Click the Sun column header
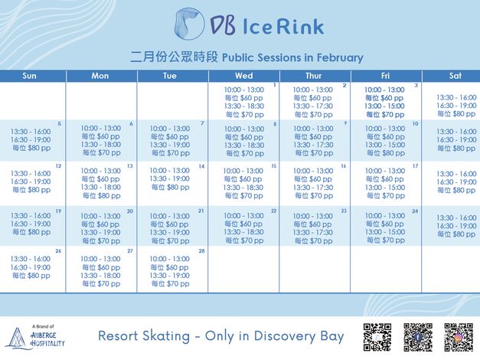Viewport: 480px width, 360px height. tap(29, 76)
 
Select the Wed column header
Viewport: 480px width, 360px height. tap(244, 76)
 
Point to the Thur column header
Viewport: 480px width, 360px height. tap(314, 76)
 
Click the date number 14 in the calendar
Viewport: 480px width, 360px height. tap(201, 166)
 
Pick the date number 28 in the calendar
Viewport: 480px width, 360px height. tap(201, 251)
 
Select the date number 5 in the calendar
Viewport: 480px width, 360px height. tap(59, 124)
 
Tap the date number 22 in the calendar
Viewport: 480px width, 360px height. tap(273, 211)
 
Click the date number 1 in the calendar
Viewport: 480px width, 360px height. tap(274, 85)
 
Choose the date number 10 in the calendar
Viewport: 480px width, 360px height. tap(415, 124)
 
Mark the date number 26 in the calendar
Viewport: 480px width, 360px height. tap(58, 251)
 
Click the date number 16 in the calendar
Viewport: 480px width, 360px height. tap(344, 166)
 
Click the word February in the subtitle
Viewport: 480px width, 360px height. tap(336, 57)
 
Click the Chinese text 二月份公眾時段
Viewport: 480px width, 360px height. tap(175, 57)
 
